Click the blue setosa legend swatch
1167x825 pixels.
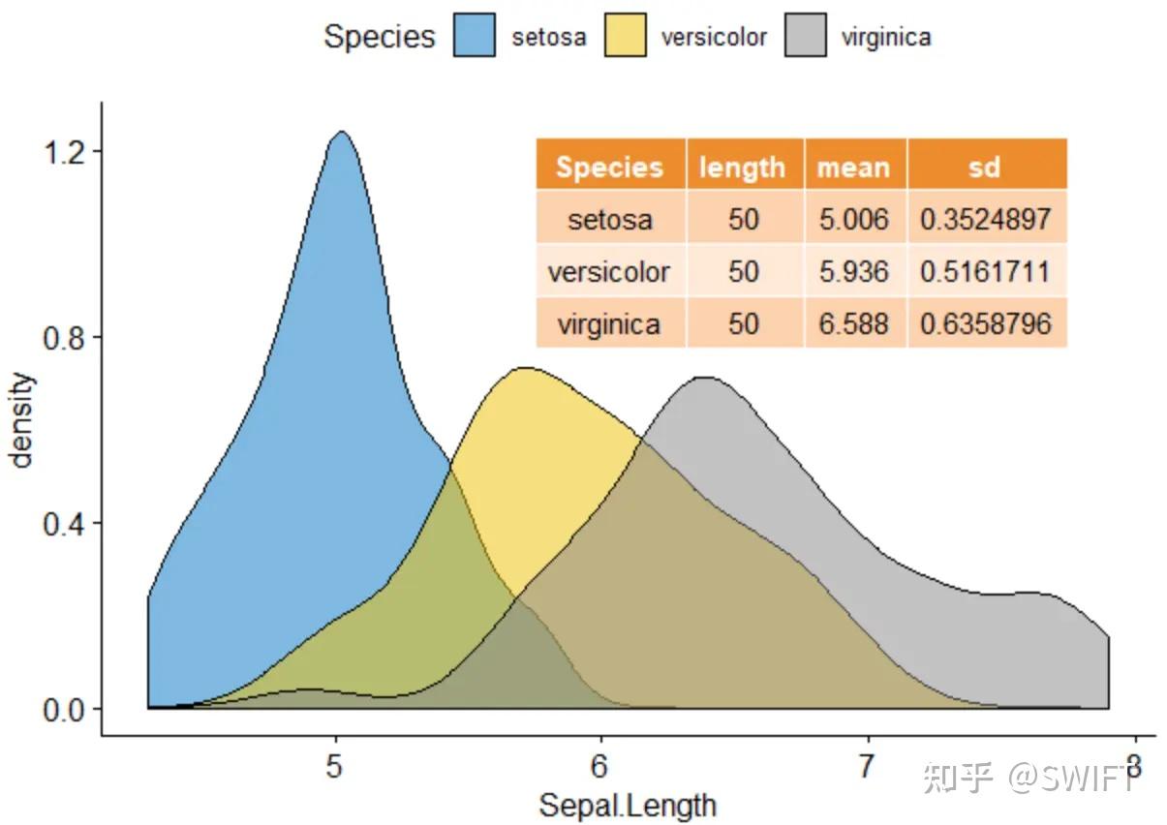coord(475,37)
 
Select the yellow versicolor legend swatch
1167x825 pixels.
coord(626,37)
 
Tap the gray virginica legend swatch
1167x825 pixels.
coord(806,37)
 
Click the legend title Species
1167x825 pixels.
coord(379,37)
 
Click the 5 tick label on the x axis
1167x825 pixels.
coord(335,768)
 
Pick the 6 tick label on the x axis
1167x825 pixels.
coord(600,768)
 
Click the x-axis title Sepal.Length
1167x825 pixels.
coord(628,805)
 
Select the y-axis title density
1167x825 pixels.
coord(22,420)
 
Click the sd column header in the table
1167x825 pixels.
coord(985,167)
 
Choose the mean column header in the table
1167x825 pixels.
coord(853,167)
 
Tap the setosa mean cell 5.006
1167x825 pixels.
coord(853,219)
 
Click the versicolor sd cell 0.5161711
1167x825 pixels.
coord(985,271)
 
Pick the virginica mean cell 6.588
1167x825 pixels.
coord(853,322)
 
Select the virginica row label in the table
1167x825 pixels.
coord(609,322)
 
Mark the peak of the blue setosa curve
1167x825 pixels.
coord(341,132)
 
